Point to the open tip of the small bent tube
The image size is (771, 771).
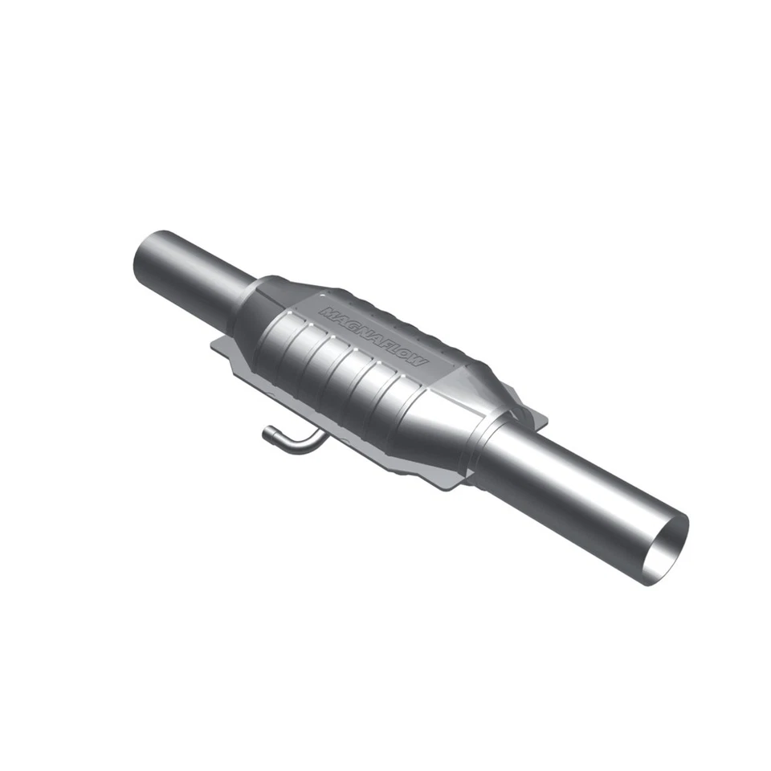pyautogui.click(x=267, y=434)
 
